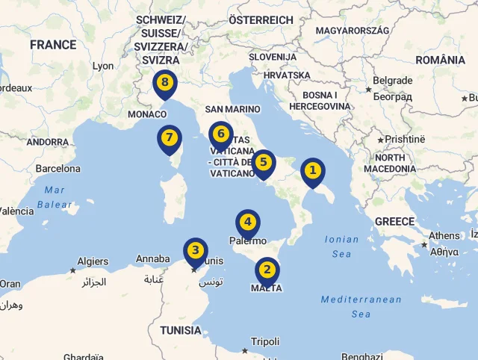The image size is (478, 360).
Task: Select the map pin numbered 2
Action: point(267,270)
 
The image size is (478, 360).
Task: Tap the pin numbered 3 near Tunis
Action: point(195,251)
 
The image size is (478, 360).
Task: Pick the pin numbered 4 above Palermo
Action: point(248,223)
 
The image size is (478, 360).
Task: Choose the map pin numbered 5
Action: point(263,163)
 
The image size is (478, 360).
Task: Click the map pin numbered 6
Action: point(220,134)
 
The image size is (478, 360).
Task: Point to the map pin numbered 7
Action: point(170,138)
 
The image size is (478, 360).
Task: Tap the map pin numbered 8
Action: point(164,83)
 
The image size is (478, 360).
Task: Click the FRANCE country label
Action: point(53,45)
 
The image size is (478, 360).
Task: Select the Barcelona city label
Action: point(58,169)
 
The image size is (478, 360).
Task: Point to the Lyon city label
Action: point(103,66)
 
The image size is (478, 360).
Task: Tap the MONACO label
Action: point(147,114)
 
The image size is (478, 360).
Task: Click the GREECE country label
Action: point(394,221)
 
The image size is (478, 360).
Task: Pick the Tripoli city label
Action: point(265,341)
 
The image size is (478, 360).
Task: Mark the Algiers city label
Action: point(93,261)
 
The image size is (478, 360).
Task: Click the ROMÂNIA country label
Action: point(440,60)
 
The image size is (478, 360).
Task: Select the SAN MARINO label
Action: point(232,109)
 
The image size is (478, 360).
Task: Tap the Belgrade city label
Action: point(392,81)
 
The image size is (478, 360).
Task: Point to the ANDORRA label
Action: point(48,142)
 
